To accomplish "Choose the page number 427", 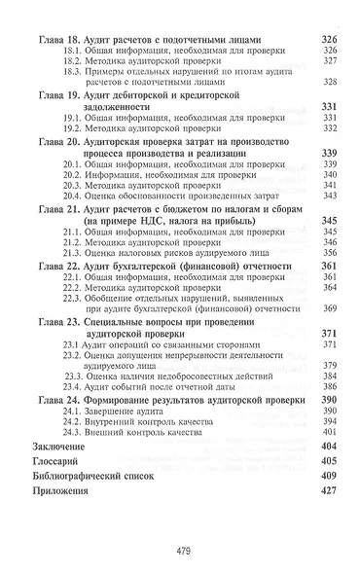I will (x=327, y=491).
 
